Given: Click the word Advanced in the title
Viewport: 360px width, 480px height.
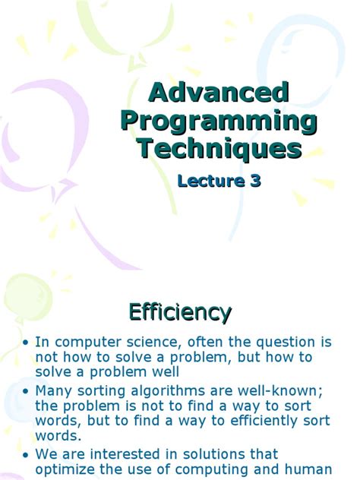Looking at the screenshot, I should point(219,93).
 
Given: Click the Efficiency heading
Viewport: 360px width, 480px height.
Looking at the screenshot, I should point(180,311).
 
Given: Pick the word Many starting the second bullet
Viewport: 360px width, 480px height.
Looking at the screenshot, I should point(53,390).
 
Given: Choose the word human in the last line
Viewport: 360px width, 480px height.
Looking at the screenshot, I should point(311,469).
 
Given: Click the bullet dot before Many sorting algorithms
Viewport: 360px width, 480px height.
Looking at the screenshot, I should point(27,390).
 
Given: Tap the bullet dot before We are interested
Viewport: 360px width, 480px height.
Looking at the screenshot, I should point(27,455).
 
